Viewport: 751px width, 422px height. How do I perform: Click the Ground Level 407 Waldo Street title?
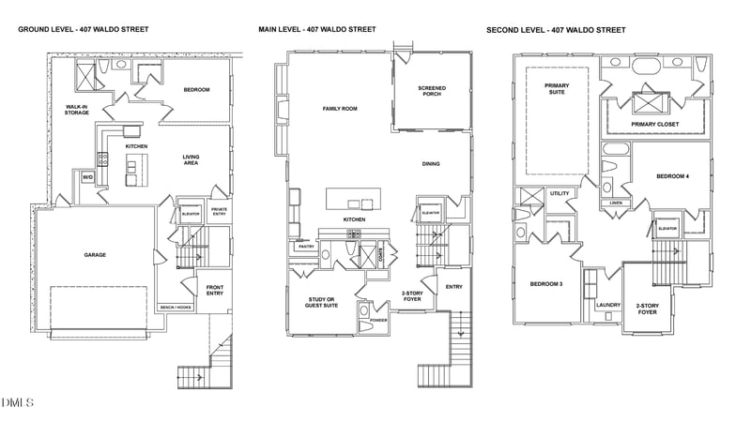(83, 30)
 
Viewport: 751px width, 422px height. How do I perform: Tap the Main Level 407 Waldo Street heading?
(316, 30)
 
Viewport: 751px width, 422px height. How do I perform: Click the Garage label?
(95, 255)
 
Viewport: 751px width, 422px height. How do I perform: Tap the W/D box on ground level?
(87, 176)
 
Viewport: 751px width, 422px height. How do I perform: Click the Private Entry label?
(219, 211)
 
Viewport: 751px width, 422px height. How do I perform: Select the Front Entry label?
(214, 291)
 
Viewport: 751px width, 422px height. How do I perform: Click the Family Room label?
(340, 109)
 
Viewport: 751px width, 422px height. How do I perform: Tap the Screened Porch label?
(432, 91)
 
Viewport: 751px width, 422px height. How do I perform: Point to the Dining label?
(431, 164)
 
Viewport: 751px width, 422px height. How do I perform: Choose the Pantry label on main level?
(306, 247)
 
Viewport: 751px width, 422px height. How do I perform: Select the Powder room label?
(379, 320)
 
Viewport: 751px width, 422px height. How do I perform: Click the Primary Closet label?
(654, 124)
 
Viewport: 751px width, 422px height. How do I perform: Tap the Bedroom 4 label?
(672, 176)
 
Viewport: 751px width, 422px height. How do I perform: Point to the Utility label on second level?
(559, 193)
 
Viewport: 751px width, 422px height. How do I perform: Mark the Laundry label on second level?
(608, 304)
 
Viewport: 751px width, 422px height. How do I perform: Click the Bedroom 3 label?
(545, 284)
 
